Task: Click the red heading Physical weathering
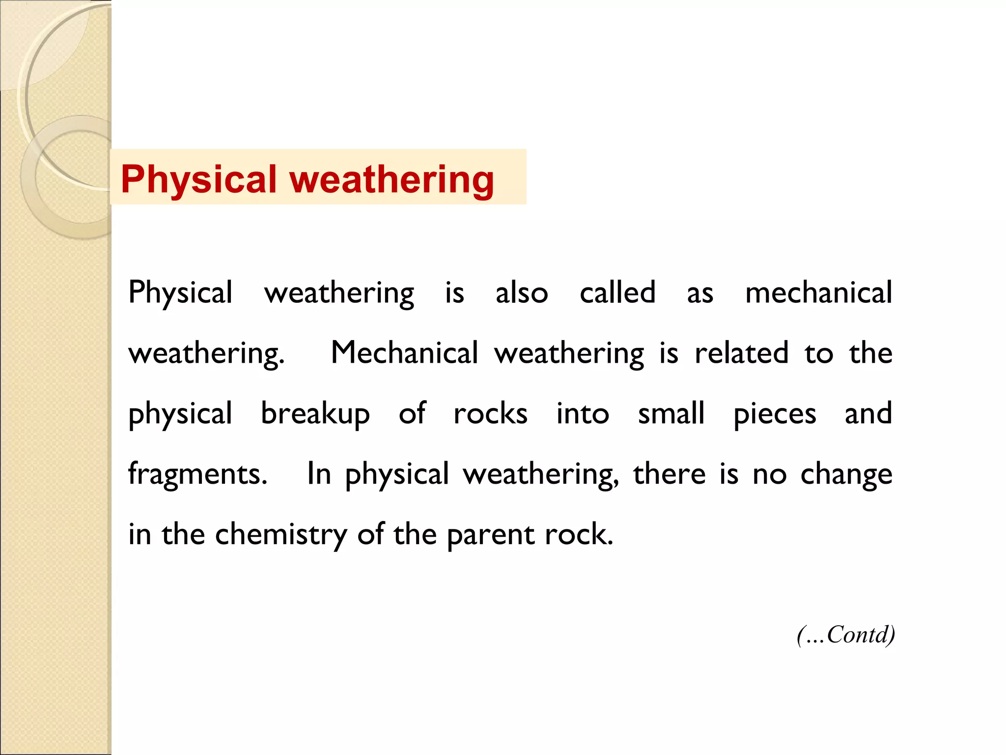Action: coord(307,179)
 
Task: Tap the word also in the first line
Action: coord(521,293)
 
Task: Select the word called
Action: coord(617,292)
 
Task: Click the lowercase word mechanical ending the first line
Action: coord(818,293)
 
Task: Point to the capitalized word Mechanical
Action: coord(404,353)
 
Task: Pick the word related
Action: coord(741,353)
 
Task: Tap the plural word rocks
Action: coord(490,414)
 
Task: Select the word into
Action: coord(583,414)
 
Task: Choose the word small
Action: coord(671,413)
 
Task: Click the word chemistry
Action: coord(281,535)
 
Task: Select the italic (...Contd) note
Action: coord(846,635)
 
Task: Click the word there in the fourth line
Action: coord(669,474)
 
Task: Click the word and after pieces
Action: coord(868,413)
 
